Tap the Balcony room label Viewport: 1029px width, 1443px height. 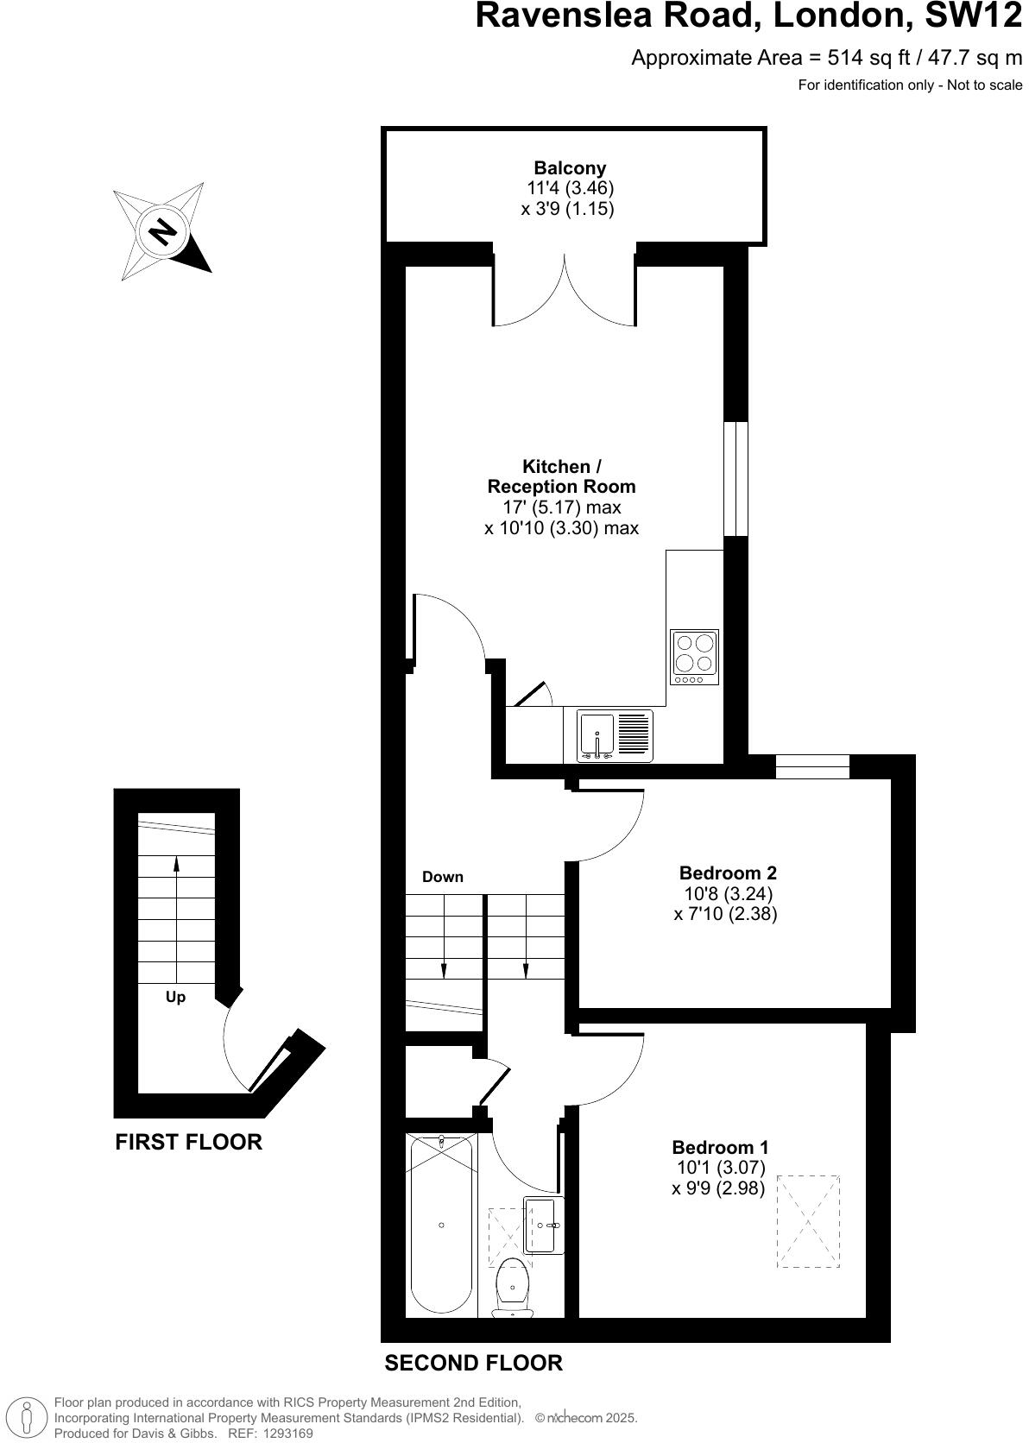pos(570,168)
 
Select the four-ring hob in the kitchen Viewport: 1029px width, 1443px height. pos(695,657)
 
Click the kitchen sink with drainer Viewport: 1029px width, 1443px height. pos(616,736)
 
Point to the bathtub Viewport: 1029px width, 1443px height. pos(441,1226)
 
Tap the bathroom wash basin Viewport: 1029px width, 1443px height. pos(544,1225)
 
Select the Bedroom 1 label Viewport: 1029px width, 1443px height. pos(720,1148)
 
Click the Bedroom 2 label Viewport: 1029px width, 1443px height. pos(728,873)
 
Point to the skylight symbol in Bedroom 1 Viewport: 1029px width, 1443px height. pos(808,1220)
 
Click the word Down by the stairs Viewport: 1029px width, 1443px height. pos(443,877)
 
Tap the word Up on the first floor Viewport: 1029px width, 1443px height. pos(175,997)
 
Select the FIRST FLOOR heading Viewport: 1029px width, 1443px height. pos(188,1142)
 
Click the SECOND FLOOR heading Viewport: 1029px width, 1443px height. pos(473,1363)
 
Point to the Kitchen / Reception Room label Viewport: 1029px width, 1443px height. pos(561,476)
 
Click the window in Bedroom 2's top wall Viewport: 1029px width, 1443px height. pos(812,766)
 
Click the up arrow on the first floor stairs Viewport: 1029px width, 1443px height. pos(176,866)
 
